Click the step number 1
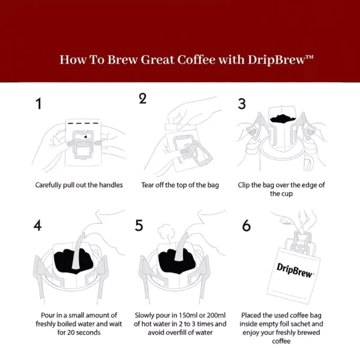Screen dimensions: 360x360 point(38,104)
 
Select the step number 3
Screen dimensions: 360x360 point(242,104)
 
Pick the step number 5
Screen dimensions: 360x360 point(139,226)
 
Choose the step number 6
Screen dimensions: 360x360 point(246,226)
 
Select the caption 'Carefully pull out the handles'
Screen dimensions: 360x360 point(79,185)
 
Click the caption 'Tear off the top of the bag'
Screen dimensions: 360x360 point(181,185)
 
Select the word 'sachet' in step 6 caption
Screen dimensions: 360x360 point(310,324)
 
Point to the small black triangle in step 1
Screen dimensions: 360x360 point(85,136)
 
